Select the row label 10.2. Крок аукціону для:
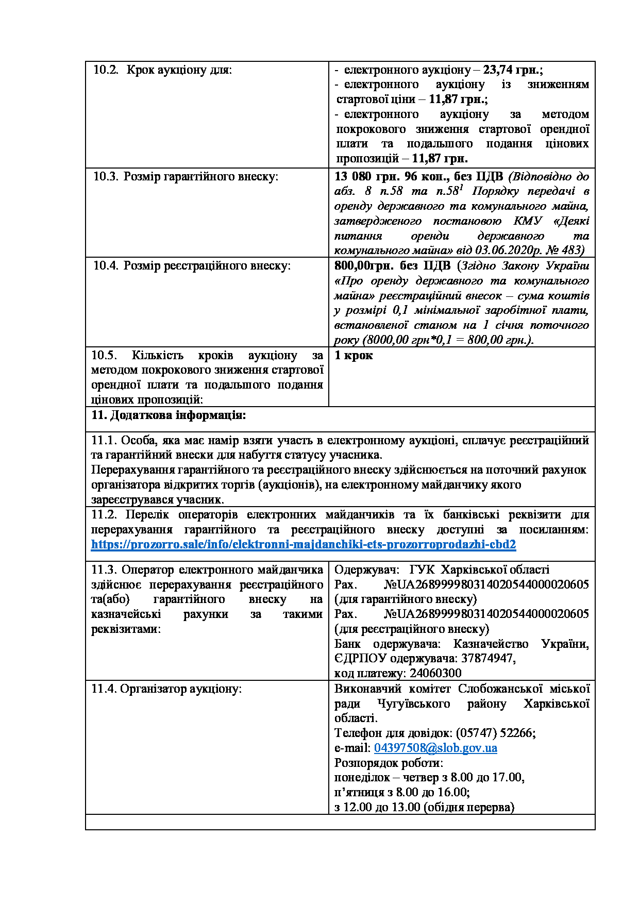point(162,70)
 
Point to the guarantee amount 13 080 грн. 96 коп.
point(391,177)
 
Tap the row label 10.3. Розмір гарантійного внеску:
point(186,177)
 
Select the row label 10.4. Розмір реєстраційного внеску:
point(191,266)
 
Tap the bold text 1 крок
point(354,356)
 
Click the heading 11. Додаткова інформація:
point(169,415)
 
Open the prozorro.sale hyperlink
point(304,545)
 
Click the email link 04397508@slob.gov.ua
point(435,748)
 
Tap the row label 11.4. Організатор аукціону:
point(166,689)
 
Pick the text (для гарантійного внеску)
point(406,599)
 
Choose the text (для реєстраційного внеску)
point(412,629)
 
